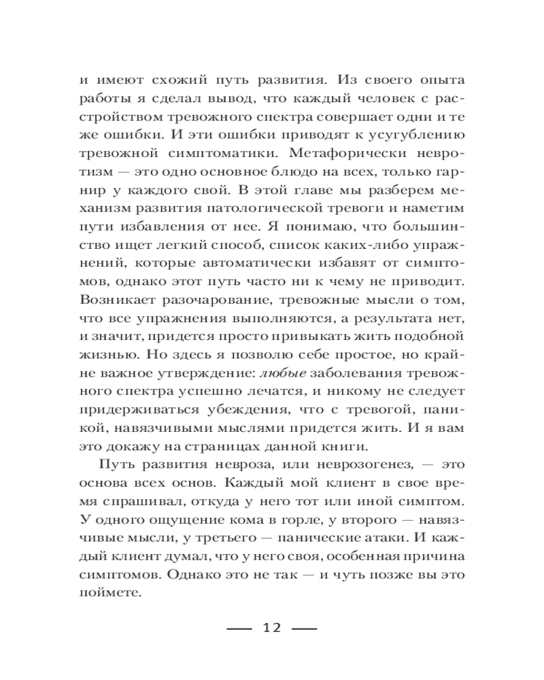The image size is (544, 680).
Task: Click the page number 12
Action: [271, 627]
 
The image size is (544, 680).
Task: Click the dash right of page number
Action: [305, 627]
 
